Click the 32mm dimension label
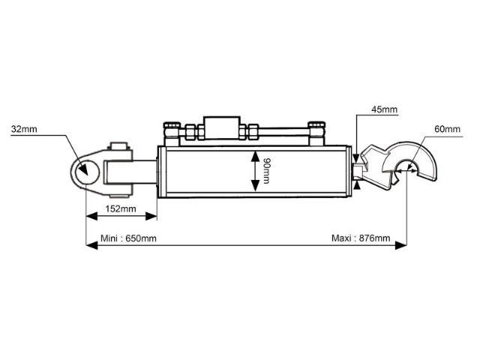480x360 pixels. tap(24, 129)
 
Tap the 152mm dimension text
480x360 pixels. tap(120, 208)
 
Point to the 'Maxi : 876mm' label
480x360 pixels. tap(361, 238)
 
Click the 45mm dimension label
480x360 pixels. tap(384, 109)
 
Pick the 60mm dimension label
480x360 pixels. tap(447, 129)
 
